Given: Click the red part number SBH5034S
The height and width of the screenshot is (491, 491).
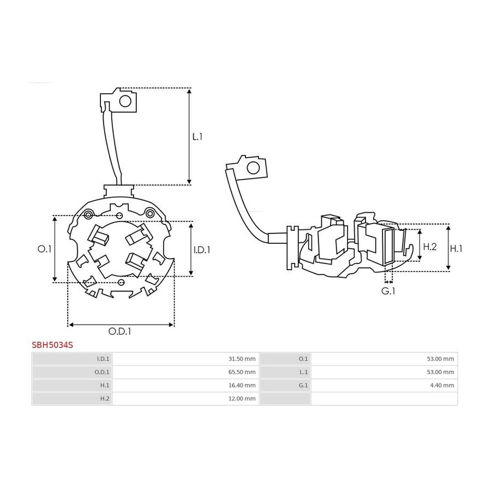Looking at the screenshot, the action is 52,345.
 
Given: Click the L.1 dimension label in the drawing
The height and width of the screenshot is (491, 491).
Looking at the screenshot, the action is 197,136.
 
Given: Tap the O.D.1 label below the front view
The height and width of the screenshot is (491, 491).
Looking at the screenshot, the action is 119,331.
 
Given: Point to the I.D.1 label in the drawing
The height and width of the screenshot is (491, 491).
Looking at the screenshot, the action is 202,249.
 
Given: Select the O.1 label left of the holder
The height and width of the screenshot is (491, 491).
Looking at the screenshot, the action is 44,249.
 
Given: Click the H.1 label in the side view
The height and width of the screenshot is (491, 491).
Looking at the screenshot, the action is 456,248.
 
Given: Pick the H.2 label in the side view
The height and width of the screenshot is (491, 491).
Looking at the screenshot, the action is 430,247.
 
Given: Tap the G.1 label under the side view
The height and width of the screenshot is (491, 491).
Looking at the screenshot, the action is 388,291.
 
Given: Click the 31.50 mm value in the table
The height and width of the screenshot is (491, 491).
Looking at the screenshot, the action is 242,359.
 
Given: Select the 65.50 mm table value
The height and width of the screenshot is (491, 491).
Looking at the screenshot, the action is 242,372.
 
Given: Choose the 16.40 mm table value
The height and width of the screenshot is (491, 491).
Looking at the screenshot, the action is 242,385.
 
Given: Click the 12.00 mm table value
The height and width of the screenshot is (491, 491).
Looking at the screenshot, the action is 242,398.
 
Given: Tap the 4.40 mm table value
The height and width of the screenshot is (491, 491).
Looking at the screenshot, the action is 442,385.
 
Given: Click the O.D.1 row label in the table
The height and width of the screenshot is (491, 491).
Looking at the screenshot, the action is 102,372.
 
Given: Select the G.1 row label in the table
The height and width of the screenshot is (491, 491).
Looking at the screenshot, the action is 303,385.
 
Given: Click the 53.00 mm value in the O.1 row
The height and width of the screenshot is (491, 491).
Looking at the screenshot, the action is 440,359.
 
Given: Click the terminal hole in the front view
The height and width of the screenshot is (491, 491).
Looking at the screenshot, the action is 125,101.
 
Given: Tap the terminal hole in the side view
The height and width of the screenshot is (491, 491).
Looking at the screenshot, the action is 253,168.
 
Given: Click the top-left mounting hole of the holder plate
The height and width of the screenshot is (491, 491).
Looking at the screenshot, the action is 88,215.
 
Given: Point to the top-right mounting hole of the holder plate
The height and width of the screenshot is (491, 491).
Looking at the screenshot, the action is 150,213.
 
